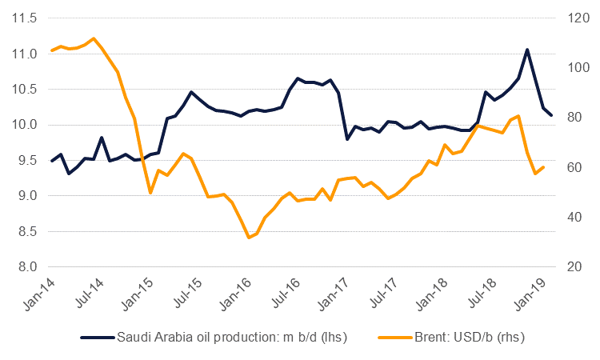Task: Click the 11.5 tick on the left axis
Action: (25, 18)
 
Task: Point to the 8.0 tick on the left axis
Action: (27, 266)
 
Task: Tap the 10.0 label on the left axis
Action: (25, 125)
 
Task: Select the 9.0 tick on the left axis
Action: (27, 195)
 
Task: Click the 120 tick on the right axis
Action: (578, 18)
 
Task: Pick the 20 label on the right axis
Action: (574, 266)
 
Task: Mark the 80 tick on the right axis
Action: (574, 117)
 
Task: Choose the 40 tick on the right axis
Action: (574, 217)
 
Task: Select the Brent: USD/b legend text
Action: (470, 337)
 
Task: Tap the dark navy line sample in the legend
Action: (98, 338)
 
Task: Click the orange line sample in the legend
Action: (395, 338)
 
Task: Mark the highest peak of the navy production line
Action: (527, 50)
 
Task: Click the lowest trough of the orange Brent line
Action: (249, 238)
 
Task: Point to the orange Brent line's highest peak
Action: (93, 38)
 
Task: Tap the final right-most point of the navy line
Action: (551, 115)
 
